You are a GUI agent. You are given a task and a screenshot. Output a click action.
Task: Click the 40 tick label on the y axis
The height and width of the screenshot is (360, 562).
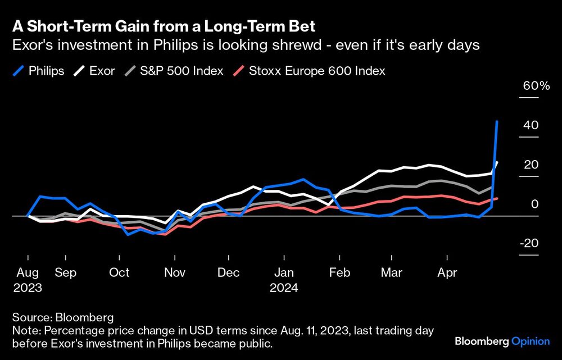(x=531, y=125)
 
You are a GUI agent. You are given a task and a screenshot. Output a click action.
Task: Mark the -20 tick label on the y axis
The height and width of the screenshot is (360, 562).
(x=529, y=243)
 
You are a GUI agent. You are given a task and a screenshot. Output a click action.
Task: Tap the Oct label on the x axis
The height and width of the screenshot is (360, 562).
(x=119, y=272)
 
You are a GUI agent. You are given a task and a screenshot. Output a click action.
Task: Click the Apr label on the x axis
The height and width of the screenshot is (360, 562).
(x=447, y=272)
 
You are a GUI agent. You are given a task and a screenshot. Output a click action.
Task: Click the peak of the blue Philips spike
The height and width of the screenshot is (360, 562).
(x=497, y=121)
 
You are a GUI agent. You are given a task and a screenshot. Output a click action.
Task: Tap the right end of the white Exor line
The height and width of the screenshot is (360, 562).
(x=497, y=162)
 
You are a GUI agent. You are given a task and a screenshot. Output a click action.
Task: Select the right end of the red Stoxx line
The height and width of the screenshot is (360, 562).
(x=497, y=198)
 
